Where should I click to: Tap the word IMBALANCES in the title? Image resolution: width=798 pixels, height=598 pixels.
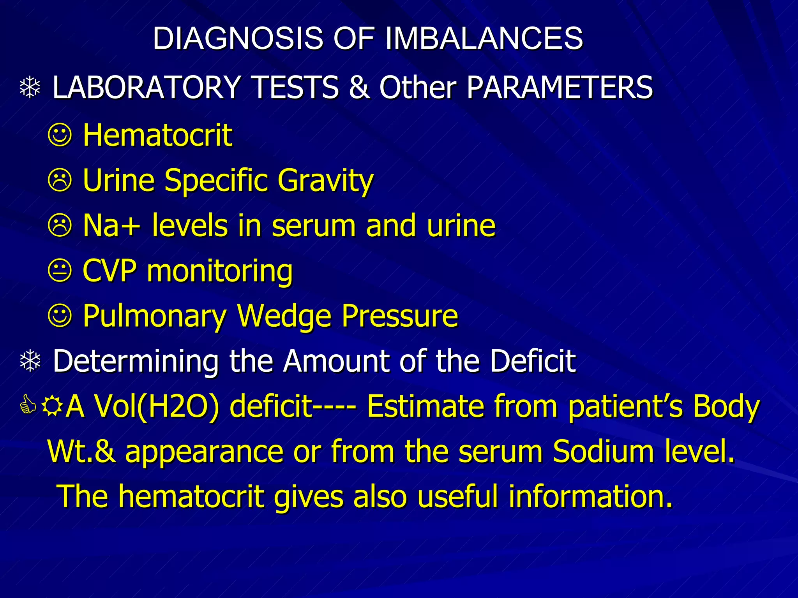click(x=484, y=38)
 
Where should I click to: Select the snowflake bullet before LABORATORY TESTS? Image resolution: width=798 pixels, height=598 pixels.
click(x=30, y=88)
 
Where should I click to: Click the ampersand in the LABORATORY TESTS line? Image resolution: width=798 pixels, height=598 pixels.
click(x=358, y=87)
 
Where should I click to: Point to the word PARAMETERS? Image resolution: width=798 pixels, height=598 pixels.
click(x=560, y=87)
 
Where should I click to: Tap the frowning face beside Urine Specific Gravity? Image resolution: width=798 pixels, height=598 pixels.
click(x=60, y=180)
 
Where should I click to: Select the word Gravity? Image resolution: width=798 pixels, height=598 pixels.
click(x=325, y=181)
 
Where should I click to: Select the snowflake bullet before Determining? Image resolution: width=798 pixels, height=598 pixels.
click(x=30, y=361)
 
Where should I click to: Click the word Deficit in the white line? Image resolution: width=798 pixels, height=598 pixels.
click(x=533, y=361)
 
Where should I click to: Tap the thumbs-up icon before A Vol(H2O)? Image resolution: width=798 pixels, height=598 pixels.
click(x=28, y=405)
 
